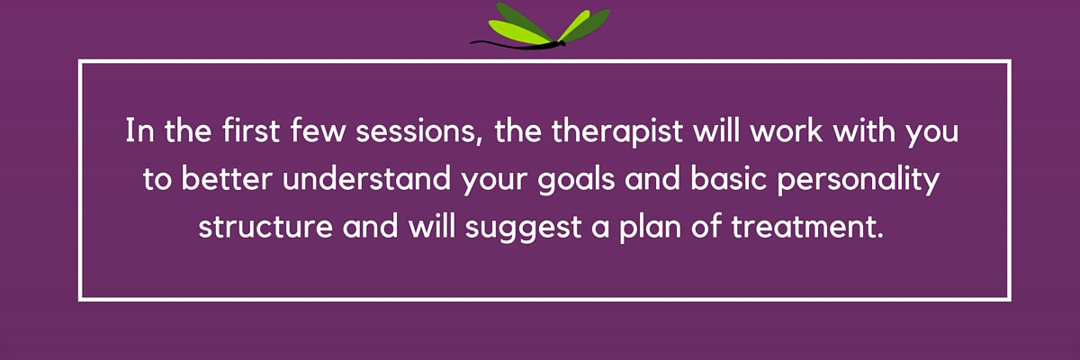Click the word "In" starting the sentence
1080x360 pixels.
tap(139, 130)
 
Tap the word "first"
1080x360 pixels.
tap(251, 130)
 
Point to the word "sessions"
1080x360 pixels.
tap(415, 131)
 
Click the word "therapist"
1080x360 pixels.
tap(617, 131)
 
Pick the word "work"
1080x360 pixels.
tap(786, 130)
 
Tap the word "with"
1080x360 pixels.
tap(864, 130)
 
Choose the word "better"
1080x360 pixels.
tap(227, 178)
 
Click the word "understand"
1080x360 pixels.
tap(366, 178)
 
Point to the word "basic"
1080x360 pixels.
tap(728, 178)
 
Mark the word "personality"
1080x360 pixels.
tap(859, 180)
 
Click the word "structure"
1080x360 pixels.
tap(265, 228)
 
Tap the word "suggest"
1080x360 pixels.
tap(523, 229)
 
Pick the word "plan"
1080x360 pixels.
tap(650, 229)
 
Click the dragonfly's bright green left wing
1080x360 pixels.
tap(518, 31)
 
